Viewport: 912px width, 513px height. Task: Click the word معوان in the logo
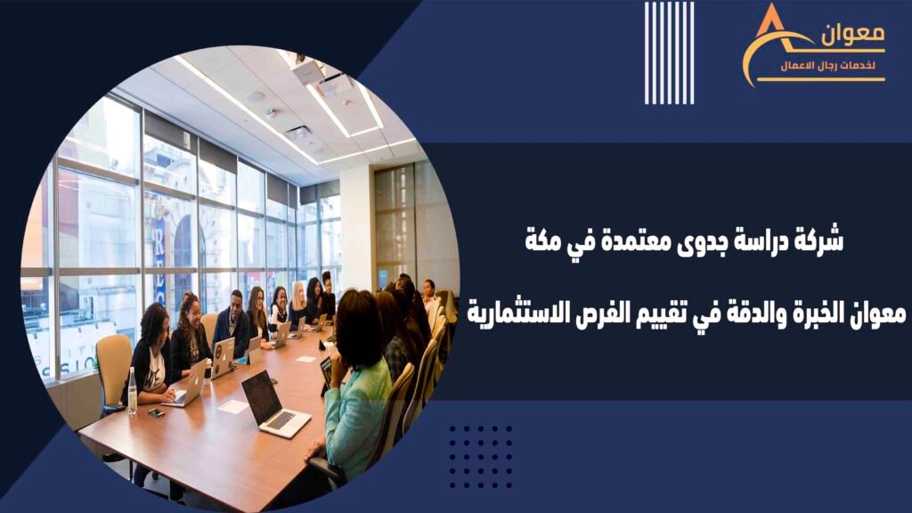coord(852,35)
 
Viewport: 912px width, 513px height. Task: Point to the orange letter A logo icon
coord(775,44)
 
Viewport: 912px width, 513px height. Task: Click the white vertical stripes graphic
coord(670,53)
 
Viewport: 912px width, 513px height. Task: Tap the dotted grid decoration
coord(481,457)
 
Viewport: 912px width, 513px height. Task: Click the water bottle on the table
coord(132,392)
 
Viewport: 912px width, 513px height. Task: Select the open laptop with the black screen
coord(273,404)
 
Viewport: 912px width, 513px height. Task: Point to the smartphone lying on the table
coord(156,412)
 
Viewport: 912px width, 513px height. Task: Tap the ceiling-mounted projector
coord(307,69)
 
